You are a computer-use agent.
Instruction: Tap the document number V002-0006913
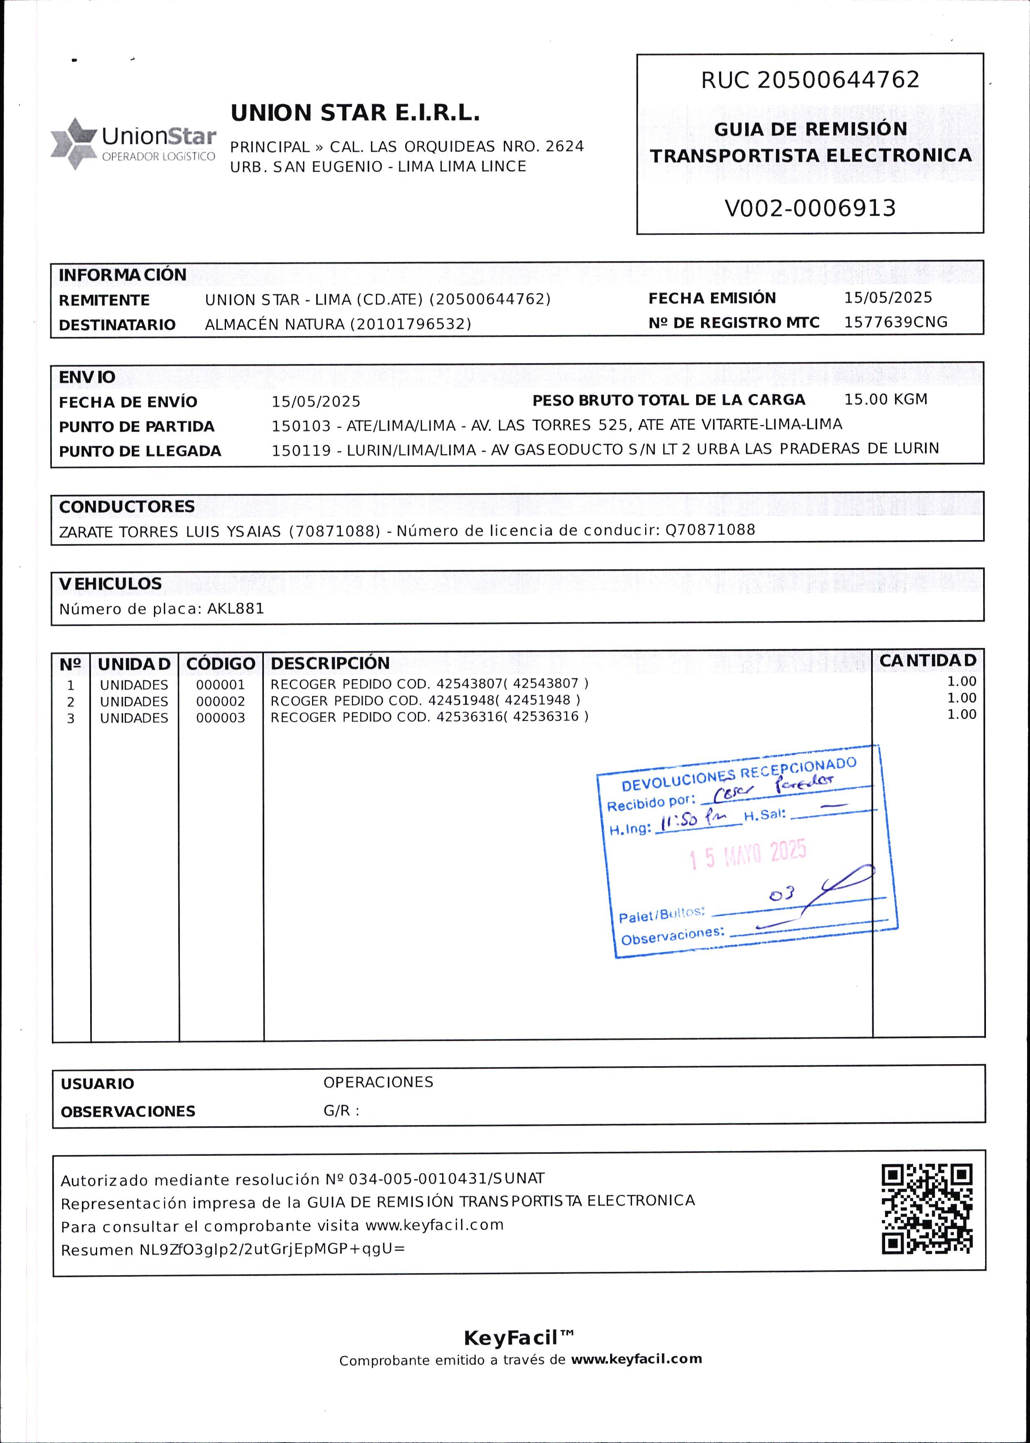point(810,208)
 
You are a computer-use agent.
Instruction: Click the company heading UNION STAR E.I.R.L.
point(355,114)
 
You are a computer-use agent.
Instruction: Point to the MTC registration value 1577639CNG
point(895,322)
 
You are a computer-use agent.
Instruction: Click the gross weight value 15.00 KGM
point(886,399)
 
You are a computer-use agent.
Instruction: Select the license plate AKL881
point(235,609)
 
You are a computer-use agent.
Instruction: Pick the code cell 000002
point(220,701)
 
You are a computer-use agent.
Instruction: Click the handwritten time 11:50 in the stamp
point(678,822)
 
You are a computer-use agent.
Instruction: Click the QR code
point(927,1209)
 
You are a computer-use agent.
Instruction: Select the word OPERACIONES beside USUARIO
point(378,1082)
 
